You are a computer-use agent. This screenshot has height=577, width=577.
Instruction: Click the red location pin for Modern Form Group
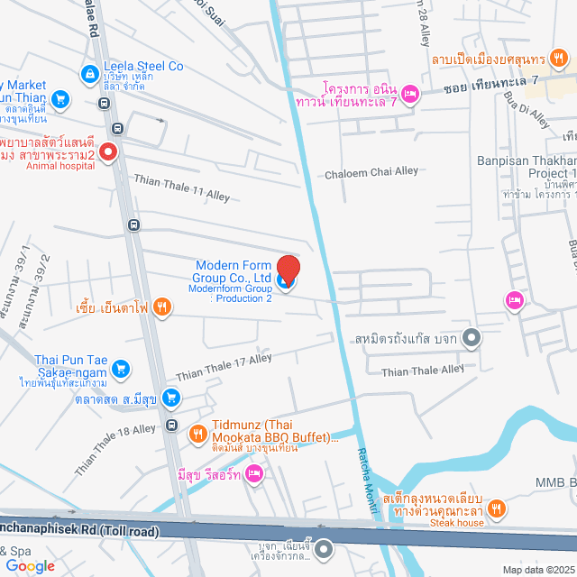288,270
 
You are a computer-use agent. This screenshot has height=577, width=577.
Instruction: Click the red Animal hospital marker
108,152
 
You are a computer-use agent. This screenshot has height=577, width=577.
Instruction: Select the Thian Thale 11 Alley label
181,188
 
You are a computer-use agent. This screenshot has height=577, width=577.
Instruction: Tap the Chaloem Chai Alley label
371,171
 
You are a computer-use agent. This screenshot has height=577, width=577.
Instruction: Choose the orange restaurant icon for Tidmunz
197,435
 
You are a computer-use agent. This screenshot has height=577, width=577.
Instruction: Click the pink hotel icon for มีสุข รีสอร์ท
254,472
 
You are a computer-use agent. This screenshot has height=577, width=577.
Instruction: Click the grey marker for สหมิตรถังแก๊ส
471,339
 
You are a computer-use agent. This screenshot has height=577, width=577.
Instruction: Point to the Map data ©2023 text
537,570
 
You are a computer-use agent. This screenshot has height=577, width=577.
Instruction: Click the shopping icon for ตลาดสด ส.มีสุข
171,398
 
